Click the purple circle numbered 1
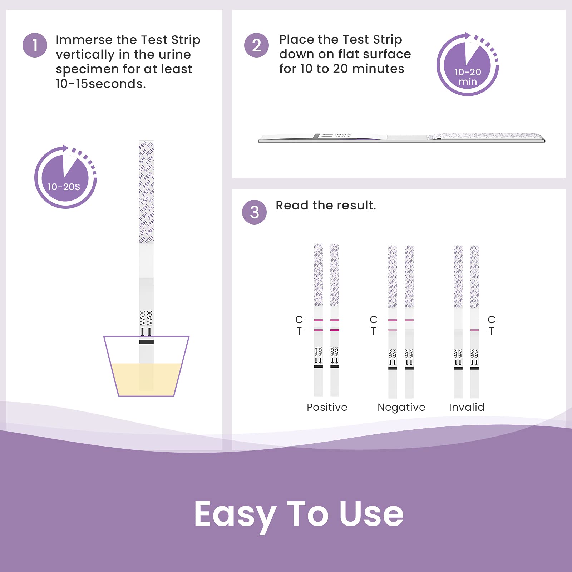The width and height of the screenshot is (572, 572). pos(35,45)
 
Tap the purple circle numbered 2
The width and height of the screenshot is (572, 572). pos(256,45)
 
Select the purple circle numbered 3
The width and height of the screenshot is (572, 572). pos(254,212)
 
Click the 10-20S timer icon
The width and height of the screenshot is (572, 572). pos(65,177)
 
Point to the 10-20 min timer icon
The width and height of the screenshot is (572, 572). pos(467,65)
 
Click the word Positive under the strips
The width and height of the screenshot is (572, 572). pos(327,407)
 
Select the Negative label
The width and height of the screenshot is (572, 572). pos(401,407)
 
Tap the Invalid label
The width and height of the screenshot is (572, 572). pos(467,407)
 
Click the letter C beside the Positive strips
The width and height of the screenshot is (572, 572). pos(299,320)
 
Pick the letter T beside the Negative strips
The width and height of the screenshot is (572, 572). pos(373,331)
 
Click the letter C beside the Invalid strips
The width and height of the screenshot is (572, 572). pos(491,320)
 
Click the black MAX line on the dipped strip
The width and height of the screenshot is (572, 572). pos(146,342)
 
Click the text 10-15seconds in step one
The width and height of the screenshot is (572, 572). pos(100,84)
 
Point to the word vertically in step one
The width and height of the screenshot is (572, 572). pos(85,55)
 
